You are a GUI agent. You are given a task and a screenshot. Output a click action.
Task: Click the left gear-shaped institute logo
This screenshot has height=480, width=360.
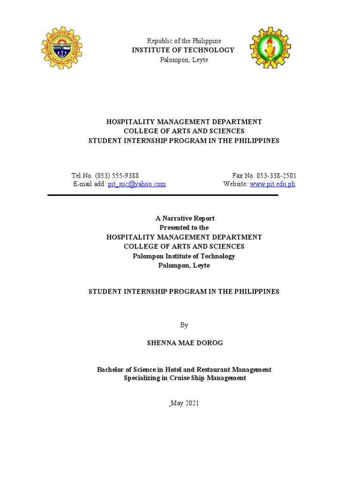(x=62, y=48)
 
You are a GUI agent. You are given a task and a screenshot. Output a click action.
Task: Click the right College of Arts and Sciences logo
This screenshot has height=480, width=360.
(x=270, y=48)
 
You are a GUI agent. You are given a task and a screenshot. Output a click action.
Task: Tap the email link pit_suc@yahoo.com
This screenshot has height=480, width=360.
(x=137, y=184)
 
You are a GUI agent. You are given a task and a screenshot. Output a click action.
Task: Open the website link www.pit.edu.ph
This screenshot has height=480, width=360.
(x=272, y=184)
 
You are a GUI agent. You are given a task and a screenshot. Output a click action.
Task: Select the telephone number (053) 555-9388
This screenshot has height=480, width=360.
(x=117, y=176)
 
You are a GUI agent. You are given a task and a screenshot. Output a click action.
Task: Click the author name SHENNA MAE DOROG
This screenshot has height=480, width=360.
(x=185, y=343)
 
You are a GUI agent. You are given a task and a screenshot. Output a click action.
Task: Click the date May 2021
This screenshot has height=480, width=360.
(x=185, y=403)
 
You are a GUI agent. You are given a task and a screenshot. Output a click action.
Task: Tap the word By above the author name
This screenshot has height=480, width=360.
(x=184, y=325)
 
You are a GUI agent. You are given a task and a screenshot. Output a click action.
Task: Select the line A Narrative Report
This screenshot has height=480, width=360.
(x=185, y=218)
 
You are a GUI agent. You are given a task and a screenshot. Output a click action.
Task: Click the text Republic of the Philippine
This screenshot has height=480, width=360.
(x=184, y=41)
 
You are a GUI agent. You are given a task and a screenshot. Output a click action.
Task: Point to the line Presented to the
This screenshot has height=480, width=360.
(x=184, y=227)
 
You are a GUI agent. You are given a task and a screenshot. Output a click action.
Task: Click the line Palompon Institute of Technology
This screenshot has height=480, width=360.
(x=184, y=256)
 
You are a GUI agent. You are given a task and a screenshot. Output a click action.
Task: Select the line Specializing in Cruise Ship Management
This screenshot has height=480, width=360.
(x=185, y=378)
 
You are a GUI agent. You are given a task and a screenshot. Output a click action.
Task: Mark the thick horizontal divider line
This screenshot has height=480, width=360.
(x=163, y=195)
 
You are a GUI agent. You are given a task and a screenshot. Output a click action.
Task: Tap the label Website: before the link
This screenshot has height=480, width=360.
(x=236, y=184)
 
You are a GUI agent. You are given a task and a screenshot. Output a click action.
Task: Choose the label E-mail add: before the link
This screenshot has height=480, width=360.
(x=90, y=184)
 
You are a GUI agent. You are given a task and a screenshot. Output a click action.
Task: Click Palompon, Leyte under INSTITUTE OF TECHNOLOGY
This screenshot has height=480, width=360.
(x=184, y=60)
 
